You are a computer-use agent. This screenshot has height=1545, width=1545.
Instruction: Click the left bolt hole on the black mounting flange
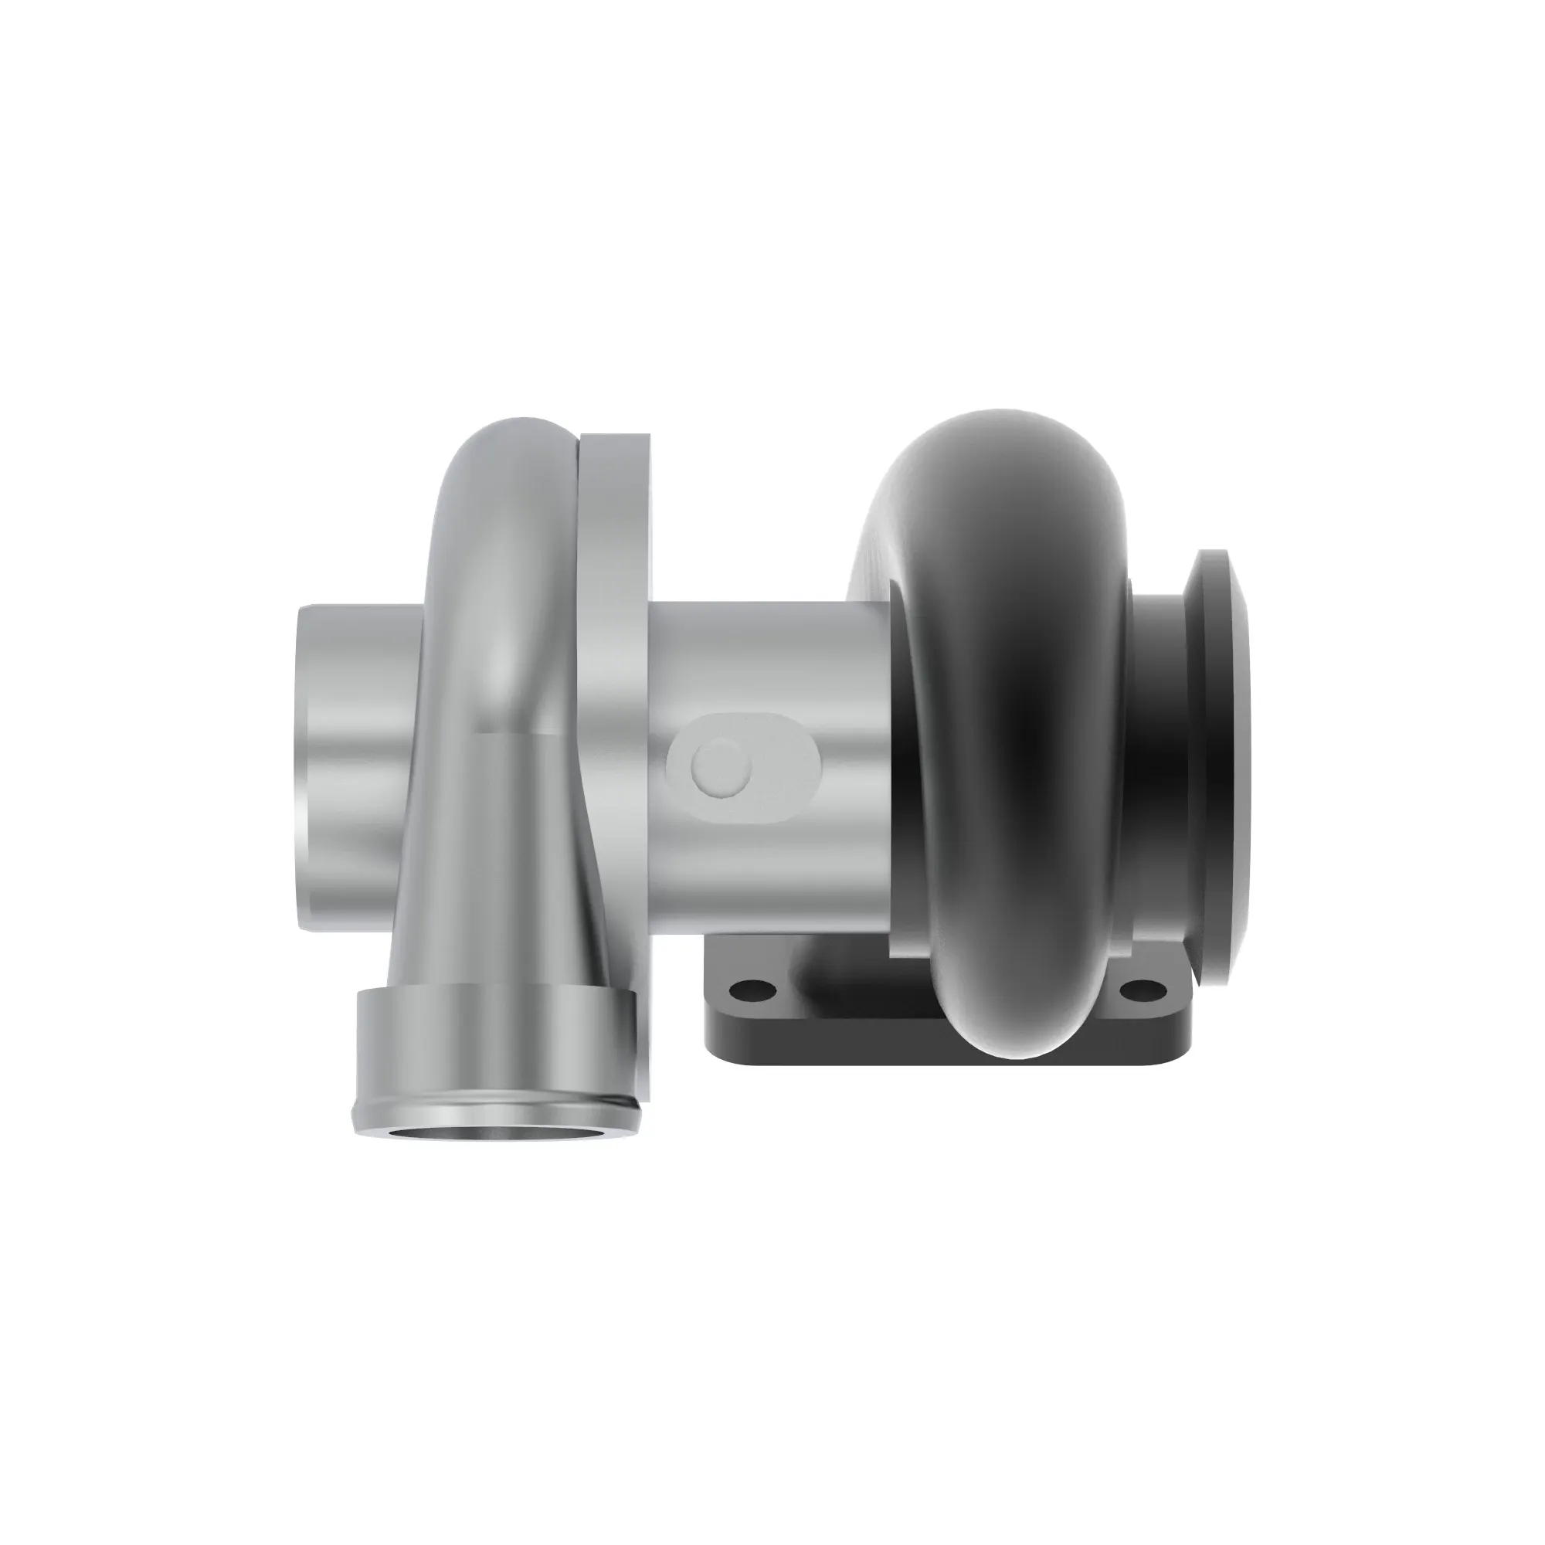coord(752,991)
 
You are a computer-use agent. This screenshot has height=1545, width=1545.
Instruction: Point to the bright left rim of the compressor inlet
coord(302,768)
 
